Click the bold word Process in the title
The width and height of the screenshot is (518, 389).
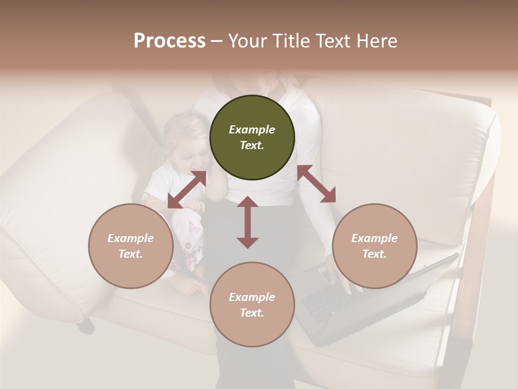coord(169,41)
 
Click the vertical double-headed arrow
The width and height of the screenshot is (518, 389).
coord(248,222)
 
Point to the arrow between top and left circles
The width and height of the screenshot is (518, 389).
coord(187,190)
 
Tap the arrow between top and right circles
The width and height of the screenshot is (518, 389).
coord(316,184)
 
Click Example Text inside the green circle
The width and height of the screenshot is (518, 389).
coord(252,137)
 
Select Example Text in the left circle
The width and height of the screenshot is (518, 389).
coord(131,246)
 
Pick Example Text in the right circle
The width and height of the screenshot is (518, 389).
coord(374,246)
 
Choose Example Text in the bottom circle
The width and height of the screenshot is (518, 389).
coord(252,305)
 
